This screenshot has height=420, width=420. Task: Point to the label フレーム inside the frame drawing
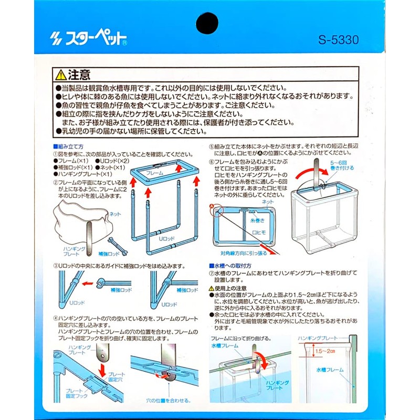pyautogui.click(x=155, y=172)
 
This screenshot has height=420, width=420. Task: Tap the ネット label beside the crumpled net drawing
pyautogui.click(x=115, y=214)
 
